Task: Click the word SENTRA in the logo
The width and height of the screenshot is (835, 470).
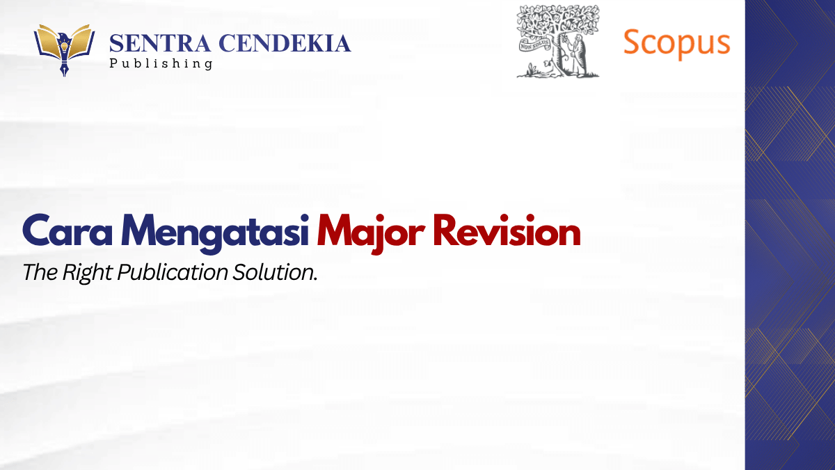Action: [x=160, y=43]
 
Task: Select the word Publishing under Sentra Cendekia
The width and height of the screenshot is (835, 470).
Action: [x=161, y=64]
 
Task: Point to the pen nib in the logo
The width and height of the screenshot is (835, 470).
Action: [x=64, y=66]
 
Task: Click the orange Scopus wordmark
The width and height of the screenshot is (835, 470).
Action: [x=676, y=44]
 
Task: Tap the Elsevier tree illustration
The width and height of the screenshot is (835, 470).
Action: [x=557, y=41]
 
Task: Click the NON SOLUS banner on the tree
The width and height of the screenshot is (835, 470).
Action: [x=535, y=45]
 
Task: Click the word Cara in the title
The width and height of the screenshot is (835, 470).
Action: [x=67, y=230]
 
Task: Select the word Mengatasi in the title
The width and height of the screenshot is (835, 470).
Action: [x=215, y=233]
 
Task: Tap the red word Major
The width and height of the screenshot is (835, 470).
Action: [x=371, y=233]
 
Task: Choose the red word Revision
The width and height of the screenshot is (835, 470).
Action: [x=507, y=230]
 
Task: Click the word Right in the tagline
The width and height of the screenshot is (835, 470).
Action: [x=87, y=273]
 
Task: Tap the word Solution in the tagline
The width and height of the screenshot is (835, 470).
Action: [x=275, y=272]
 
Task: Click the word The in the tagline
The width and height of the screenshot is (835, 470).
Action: [x=40, y=272]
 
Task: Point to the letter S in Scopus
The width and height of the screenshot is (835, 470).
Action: [x=634, y=42]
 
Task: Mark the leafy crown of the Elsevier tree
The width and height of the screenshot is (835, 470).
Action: [x=558, y=20]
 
